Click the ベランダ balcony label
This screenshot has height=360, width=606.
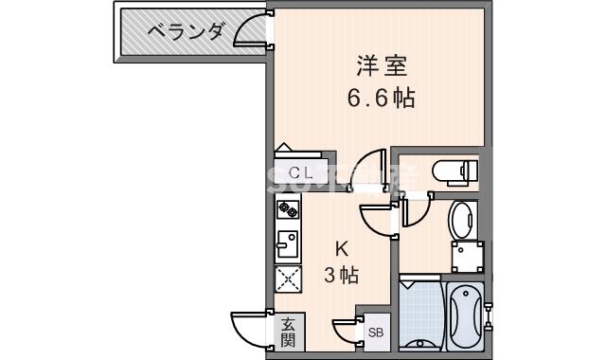point(187,32)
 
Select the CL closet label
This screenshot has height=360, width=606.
point(301,172)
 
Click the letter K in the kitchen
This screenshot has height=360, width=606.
point(342,250)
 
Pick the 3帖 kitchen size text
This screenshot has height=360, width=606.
point(341,276)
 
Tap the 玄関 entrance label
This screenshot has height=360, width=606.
point(287,333)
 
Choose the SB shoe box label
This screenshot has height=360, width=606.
point(375,333)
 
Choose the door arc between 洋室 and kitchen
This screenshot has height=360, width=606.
point(377,166)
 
